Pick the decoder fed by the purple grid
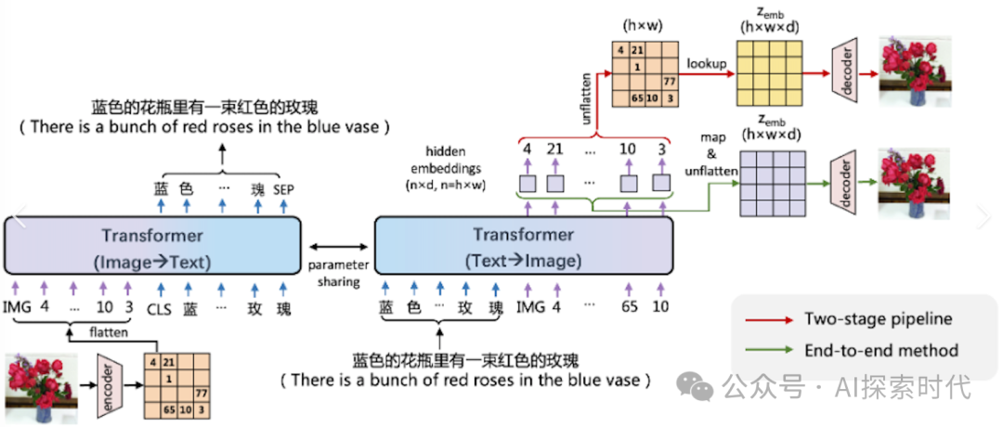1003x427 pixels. pos(847,172)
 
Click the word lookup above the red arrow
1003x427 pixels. pos(706,63)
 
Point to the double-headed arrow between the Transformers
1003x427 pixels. pos(338,246)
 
